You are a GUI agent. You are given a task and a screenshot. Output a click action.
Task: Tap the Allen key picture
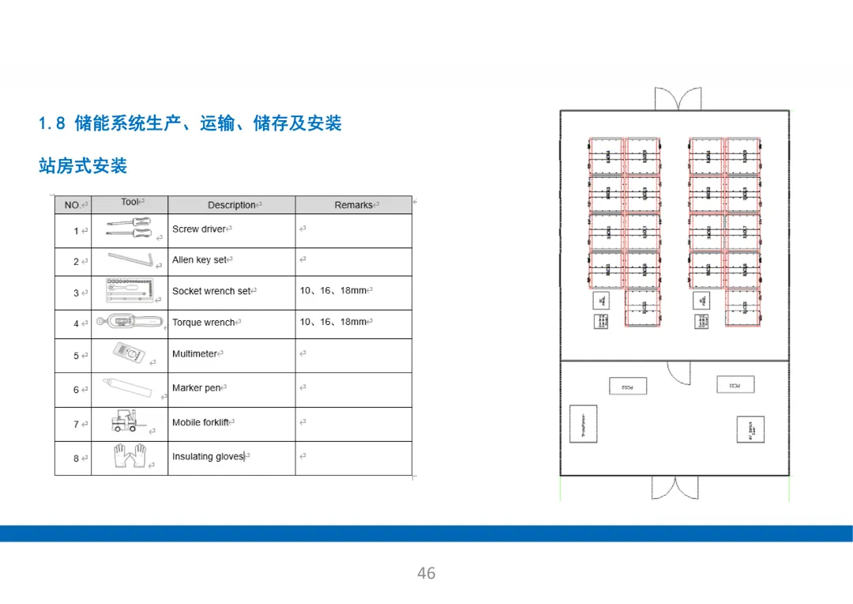coord(131,260)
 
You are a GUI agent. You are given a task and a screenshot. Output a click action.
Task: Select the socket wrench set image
coord(131,289)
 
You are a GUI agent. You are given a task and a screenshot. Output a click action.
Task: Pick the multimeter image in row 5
coord(129,354)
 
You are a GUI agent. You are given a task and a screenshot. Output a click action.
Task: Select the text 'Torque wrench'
coord(204,323)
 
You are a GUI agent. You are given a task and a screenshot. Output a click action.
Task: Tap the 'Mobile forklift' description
coord(201,423)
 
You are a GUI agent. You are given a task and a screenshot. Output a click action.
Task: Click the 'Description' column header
coord(231,205)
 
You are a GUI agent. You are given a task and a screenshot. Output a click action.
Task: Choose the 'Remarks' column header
coord(353,205)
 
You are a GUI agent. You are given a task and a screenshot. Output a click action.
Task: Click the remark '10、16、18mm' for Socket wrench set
coord(333,291)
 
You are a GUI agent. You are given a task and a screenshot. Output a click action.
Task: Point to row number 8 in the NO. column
coord(76,458)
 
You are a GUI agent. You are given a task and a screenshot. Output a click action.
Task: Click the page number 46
coord(426,573)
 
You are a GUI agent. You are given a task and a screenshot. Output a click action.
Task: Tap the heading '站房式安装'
coord(83,166)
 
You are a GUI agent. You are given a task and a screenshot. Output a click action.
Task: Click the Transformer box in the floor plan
coord(584,424)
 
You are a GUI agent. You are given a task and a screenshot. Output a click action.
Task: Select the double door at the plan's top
coord(677,100)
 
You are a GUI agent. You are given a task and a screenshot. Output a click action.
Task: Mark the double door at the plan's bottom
coord(675,487)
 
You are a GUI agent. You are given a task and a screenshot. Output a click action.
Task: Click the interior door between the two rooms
coord(678,372)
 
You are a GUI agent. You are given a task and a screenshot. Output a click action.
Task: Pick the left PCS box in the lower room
coord(627,387)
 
